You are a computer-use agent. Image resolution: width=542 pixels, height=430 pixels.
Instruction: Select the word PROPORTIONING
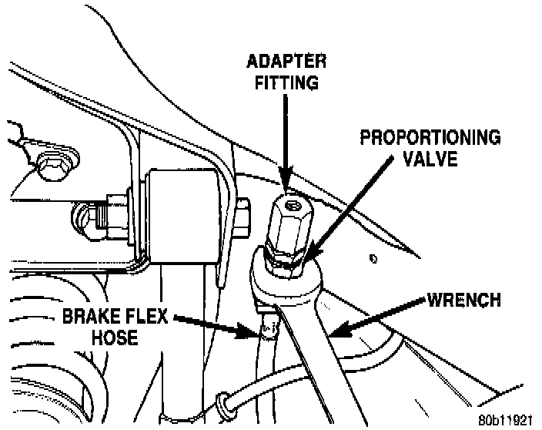431,138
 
